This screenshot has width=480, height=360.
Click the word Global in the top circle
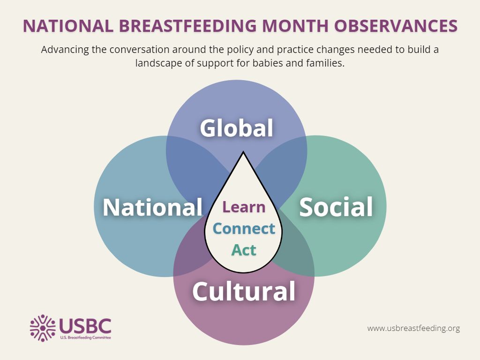click(x=236, y=127)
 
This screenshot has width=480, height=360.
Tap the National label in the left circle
click(x=152, y=207)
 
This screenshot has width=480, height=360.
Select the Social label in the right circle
click(x=336, y=207)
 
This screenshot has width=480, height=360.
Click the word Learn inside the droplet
click(x=244, y=207)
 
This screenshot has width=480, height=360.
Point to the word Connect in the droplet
click(x=244, y=229)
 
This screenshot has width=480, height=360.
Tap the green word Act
click(x=244, y=250)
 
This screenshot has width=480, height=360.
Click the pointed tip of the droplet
click(x=243, y=152)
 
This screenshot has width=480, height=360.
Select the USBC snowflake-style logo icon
click(x=43, y=328)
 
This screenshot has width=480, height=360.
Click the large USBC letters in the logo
click(x=85, y=326)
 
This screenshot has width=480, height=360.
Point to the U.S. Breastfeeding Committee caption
click(x=85, y=337)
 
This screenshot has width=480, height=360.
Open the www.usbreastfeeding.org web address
click(x=413, y=329)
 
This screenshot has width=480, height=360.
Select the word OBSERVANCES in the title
click(x=396, y=26)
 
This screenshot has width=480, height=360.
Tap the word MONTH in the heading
click(x=295, y=26)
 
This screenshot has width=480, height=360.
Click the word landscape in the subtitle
click(x=158, y=63)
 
